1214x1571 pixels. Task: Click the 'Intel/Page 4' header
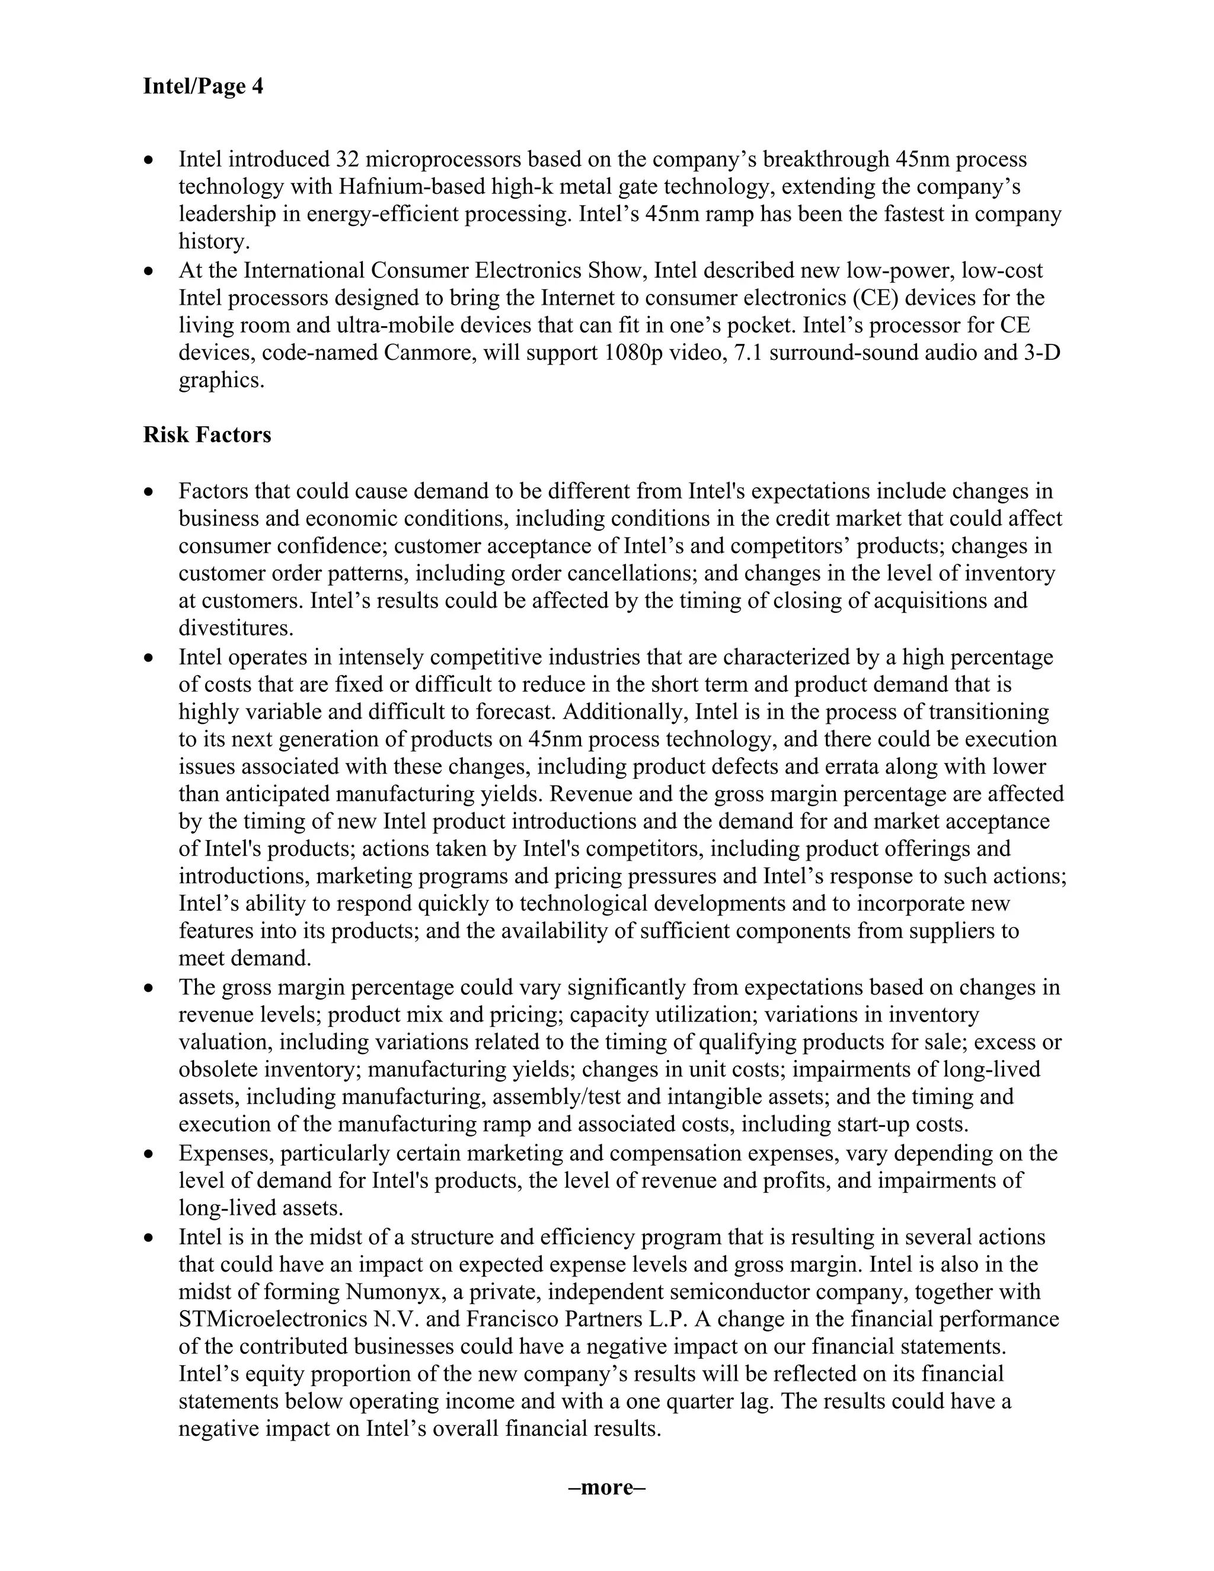point(203,87)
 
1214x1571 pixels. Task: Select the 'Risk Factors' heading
point(207,435)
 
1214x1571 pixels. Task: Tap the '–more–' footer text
point(607,1487)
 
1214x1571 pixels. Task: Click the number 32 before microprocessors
point(348,159)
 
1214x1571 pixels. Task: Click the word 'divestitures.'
point(236,628)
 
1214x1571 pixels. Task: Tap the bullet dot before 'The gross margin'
point(149,988)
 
